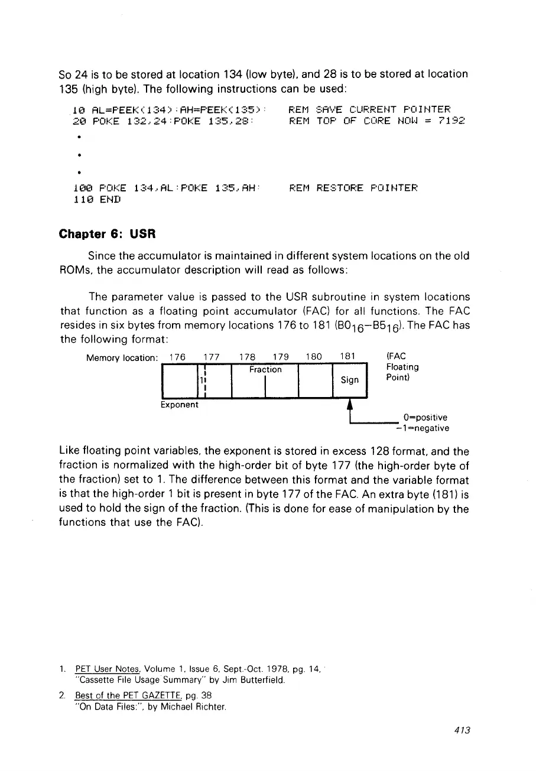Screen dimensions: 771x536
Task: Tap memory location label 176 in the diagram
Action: point(177,357)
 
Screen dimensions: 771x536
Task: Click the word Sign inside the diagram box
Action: point(350,380)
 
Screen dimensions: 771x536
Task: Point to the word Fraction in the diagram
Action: point(265,369)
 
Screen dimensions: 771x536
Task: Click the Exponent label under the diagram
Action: point(180,405)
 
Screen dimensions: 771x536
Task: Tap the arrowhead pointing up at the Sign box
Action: point(350,403)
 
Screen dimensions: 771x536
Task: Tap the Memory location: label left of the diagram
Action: point(121,358)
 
